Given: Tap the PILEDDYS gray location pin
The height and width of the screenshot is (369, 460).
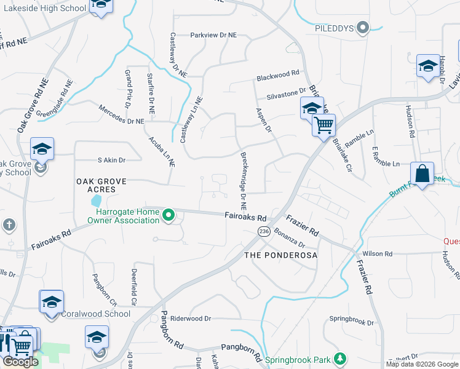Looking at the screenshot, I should [x=363, y=28].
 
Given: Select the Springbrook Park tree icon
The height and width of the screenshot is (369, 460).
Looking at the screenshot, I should [x=339, y=359].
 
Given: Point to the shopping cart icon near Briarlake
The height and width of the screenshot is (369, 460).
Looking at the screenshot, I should [x=323, y=125].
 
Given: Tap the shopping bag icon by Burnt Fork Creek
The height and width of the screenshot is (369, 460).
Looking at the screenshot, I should [x=422, y=173].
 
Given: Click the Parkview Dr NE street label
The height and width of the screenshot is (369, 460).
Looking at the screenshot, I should [x=213, y=36].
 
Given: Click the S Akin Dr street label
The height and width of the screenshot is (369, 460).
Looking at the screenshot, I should [x=111, y=160].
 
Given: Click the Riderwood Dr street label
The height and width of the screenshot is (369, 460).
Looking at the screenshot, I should [x=191, y=319].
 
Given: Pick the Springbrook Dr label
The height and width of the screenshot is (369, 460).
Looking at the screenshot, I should [x=351, y=320].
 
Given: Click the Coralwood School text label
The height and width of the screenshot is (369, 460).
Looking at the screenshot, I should [x=95, y=314].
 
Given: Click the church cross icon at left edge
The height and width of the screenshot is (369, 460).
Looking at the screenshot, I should [x=9, y=225].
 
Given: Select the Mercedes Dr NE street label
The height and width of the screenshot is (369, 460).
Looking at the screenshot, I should [x=121, y=114].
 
